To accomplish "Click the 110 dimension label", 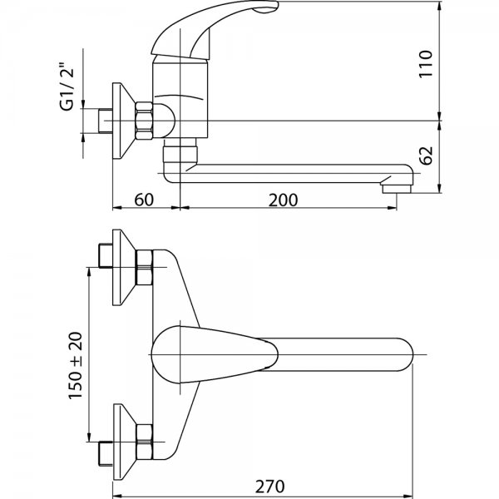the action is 426,64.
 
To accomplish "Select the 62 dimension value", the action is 426,156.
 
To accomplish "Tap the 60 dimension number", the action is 144,200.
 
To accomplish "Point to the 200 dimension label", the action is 284,200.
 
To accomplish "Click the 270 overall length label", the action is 269,487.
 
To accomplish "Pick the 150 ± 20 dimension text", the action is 76,365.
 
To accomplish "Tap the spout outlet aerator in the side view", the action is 397,189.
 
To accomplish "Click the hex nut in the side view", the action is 144,121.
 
